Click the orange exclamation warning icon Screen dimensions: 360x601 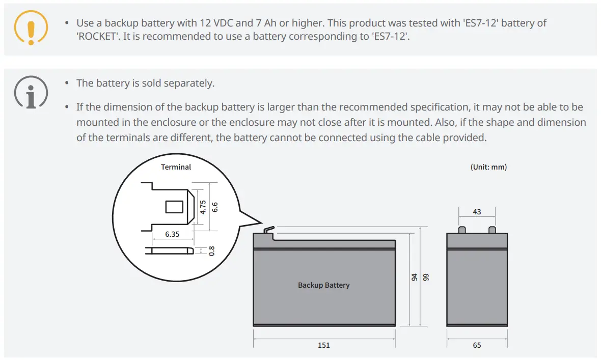(x=31, y=26)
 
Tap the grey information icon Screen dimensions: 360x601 (x=31, y=93)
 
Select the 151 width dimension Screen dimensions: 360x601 (x=324, y=345)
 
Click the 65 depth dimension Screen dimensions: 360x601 (x=477, y=345)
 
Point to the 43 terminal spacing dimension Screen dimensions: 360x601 (x=477, y=212)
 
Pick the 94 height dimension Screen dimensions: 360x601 (x=415, y=278)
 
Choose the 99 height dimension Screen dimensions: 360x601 (x=427, y=278)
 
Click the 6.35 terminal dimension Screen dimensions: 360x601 (x=172, y=235)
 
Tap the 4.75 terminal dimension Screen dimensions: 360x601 (x=203, y=207)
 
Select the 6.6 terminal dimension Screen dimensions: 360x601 (x=214, y=207)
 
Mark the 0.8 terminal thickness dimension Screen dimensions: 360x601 (x=211, y=251)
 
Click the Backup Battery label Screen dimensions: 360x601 (x=324, y=285)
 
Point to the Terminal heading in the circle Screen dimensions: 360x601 (x=176, y=167)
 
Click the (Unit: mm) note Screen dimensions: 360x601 (x=488, y=167)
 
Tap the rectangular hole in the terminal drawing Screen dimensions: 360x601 (x=174, y=207)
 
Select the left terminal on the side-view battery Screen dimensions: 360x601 (x=461, y=230)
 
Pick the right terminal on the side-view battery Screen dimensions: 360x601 (x=492, y=230)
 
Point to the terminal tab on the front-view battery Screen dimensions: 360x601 (x=268, y=231)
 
